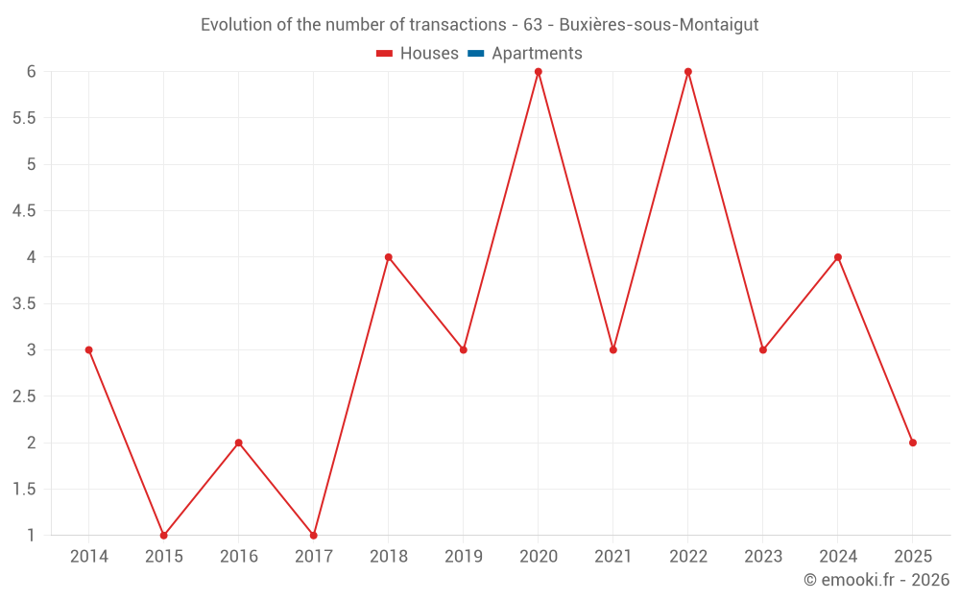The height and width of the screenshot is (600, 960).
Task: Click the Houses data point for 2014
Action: coord(88,349)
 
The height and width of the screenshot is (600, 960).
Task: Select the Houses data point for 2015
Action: coord(163,535)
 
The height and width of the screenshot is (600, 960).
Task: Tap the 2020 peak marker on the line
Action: coord(538,71)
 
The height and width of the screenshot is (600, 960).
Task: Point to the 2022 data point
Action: coord(687,71)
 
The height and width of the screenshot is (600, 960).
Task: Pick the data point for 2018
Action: coord(388,257)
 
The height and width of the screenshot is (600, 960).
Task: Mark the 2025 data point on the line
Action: coord(912,443)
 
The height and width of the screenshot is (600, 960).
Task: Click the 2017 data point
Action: coord(313,535)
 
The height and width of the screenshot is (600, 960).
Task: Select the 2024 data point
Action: coord(837,257)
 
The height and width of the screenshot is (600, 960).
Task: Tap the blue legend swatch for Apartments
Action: coord(475,54)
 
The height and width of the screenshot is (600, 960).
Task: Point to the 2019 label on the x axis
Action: coord(463,557)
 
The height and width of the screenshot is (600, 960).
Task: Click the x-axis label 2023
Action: coord(762,557)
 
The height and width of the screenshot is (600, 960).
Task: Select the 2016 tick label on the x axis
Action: coord(238,557)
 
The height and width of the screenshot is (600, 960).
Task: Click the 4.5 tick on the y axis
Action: coord(24,211)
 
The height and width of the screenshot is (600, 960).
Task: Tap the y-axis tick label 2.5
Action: coord(24,396)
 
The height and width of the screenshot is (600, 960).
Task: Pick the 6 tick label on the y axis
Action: coord(31,72)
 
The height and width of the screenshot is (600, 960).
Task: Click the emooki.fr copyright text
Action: coord(876,580)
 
